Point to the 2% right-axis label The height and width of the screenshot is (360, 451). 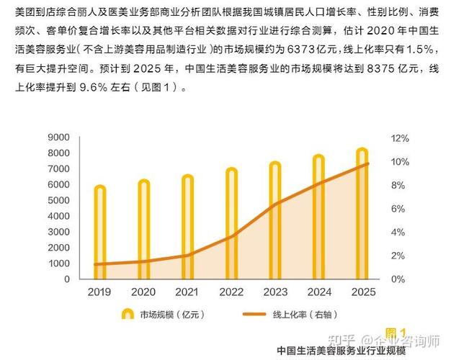click(x=398, y=256)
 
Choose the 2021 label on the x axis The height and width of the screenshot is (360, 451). click(x=187, y=292)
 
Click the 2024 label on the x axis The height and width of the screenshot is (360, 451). click(x=319, y=292)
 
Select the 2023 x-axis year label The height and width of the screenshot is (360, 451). click(x=275, y=292)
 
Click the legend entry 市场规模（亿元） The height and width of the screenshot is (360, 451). click(x=162, y=314)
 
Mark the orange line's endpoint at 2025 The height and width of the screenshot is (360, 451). click(x=368, y=163)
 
